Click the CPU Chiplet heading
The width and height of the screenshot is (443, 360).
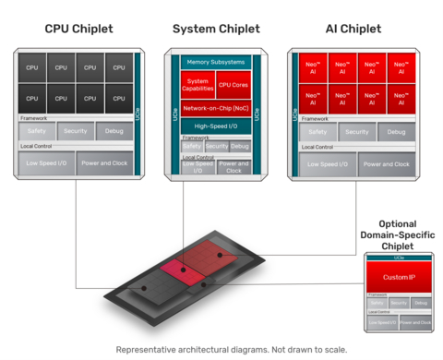click(x=78, y=30)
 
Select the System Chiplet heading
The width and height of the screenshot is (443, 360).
click(x=216, y=30)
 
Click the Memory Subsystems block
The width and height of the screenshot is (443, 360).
click(x=215, y=62)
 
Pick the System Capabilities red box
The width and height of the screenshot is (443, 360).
click(x=198, y=85)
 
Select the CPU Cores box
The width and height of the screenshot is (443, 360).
click(x=233, y=85)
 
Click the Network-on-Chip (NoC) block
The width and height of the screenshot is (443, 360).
click(x=215, y=107)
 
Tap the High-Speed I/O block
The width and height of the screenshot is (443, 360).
click(x=215, y=126)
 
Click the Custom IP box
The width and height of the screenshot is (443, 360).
click(x=399, y=276)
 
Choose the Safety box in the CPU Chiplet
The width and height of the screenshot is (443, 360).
click(x=36, y=132)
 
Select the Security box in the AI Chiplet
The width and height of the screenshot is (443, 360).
click(x=356, y=132)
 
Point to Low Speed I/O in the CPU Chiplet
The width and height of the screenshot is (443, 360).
click(x=45, y=164)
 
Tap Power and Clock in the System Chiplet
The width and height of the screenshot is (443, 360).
click(x=233, y=167)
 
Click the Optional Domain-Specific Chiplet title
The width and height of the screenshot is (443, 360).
click(x=398, y=234)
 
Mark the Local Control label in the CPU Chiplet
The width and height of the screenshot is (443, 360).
click(x=34, y=147)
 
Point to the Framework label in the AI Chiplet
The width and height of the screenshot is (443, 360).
click(x=314, y=118)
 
